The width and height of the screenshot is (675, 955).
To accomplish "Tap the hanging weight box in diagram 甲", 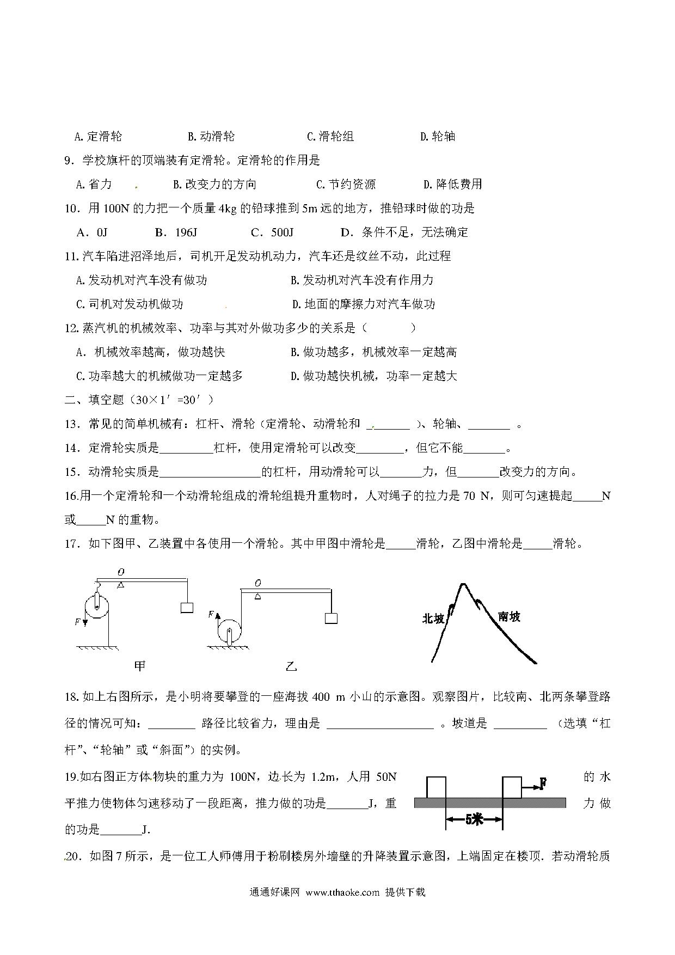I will pos(187,607).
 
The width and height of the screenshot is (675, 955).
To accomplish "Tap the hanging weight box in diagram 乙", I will pos(331,618).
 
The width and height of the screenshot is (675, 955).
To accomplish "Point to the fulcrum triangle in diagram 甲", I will pos(121,585).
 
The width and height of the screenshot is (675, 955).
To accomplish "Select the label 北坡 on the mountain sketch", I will pos(433,619).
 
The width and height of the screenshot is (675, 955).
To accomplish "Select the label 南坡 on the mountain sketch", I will pos(509,616).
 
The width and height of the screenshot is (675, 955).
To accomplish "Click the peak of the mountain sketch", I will pos(463,585).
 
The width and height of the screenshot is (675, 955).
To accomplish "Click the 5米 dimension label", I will pos(474,819).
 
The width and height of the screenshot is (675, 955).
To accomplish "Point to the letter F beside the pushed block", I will pos(543,783).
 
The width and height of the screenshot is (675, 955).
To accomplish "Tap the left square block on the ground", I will pos(436,787).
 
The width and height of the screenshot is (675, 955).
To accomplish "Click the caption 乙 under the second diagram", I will pos(292,666).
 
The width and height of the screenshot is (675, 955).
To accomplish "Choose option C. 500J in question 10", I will pos(272,232).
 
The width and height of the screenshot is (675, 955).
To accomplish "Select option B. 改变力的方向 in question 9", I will pos(214,185).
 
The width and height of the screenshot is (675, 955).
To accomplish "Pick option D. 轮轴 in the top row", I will pos(438,137).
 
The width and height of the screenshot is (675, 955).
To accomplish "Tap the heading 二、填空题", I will pos(95,400).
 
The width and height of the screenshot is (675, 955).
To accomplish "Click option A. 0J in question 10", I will pos(93,232).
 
